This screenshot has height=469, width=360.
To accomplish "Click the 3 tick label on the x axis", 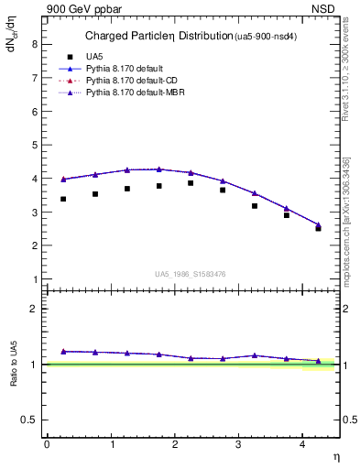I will tap(238, 444).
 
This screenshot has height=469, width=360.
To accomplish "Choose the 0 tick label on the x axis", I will tap(47, 444).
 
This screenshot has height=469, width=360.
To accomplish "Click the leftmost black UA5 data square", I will tap(63, 199).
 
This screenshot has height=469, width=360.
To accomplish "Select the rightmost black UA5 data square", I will tap(318, 228).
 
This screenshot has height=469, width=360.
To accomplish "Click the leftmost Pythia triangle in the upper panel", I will tap(63, 180).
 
